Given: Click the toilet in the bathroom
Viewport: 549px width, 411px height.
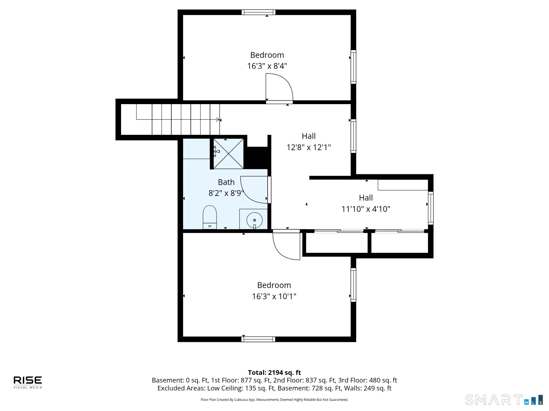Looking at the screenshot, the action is click(210, 217).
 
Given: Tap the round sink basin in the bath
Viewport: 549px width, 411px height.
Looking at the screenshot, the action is click(254, 220).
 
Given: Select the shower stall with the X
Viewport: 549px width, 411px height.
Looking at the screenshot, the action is click(228, 153).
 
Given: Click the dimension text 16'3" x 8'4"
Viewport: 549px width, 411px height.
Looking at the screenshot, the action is click(267, 66).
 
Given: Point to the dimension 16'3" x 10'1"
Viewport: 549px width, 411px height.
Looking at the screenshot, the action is click(274, 296).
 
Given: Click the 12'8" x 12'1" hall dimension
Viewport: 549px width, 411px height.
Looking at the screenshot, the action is click(309, 147).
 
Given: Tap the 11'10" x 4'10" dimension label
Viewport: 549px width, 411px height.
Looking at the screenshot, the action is click(366, 209).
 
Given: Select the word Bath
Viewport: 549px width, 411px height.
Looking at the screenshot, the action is click(226, 182).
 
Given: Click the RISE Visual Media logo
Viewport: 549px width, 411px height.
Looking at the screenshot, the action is click(28, 382).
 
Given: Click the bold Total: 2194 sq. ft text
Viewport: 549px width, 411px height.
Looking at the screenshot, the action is click(274, 373).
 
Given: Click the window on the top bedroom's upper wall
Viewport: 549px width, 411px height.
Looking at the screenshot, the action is click(258, 12).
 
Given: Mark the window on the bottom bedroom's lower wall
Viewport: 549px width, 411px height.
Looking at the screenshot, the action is click(258, 339).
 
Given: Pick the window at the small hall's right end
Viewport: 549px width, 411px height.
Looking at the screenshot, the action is click(431, 208).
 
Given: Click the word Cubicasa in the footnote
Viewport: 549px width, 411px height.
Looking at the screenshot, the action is click(240, 400).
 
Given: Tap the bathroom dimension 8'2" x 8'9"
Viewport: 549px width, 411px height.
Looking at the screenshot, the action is click(226, 193).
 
